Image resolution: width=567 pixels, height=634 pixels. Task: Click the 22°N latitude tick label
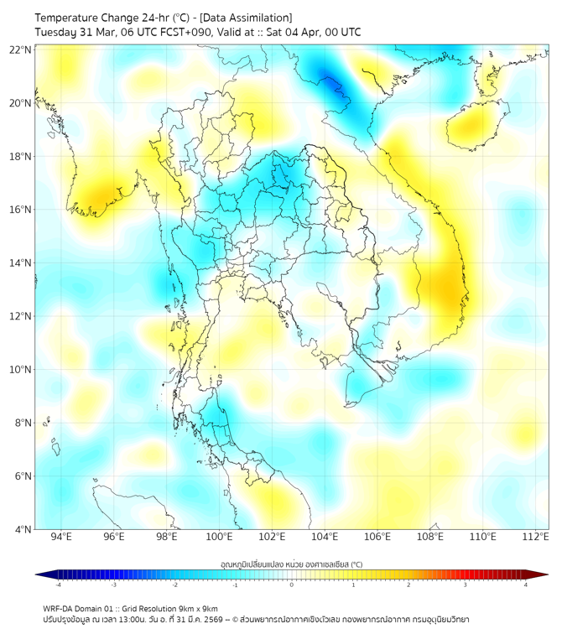point(21,49)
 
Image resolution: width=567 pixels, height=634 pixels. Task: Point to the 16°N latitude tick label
point(21,210)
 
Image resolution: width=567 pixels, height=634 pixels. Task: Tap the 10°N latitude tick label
point(21,370)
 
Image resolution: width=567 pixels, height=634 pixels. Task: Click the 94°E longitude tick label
point(61,538)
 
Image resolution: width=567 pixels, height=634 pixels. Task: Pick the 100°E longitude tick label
point(219,538)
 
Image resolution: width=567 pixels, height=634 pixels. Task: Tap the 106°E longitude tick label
point(377,538)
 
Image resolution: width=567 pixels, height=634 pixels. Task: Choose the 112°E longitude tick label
point(535,538)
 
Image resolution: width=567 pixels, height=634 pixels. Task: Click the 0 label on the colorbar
point(292,585)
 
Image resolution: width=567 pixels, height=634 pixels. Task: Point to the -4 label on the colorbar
point(57,585)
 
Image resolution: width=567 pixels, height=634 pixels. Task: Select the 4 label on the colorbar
point(526,585)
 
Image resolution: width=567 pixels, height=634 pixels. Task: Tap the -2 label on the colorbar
point(174,585)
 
